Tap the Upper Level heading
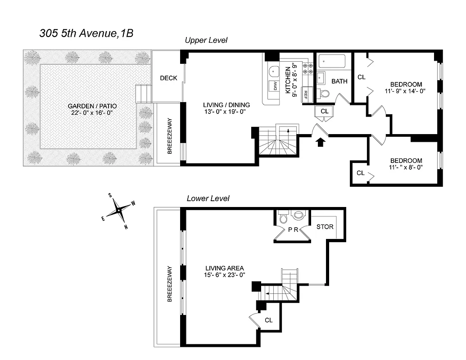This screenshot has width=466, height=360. [206, 40]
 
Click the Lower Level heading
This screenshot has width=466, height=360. [208, 198]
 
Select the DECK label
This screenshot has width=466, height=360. [168, 78]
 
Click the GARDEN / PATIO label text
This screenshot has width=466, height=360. [92, 106]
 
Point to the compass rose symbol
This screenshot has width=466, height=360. [118, 210]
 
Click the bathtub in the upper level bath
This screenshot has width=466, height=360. [331, 61]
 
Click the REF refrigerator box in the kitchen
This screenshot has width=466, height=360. [306, 94]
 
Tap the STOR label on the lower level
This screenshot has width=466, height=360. [325, 226]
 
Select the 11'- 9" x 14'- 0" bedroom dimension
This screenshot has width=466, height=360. [406, 91]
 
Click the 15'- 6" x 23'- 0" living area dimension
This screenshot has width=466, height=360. [223, 275]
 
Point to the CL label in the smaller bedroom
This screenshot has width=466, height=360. [361, 173]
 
